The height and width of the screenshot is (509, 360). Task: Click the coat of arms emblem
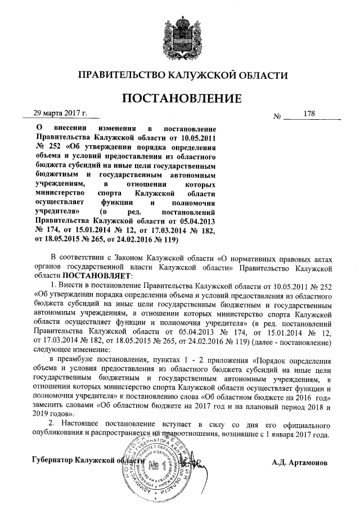coord(179,33)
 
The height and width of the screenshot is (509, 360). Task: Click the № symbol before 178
coord(277,117)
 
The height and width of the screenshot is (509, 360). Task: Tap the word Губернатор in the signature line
coord(53,461)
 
